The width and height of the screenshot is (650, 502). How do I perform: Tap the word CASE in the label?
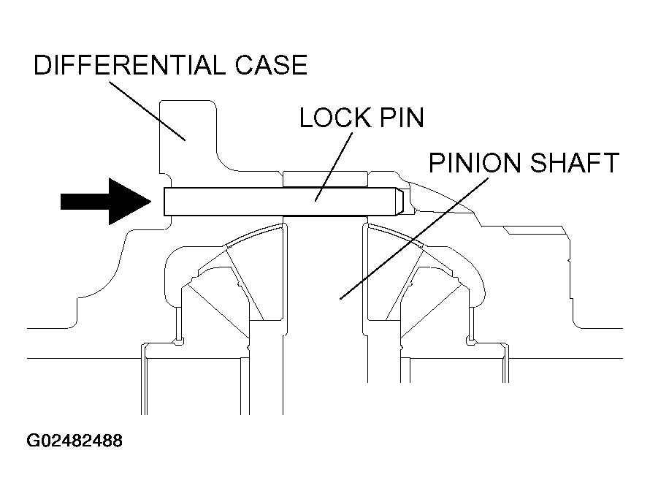coord(272,65)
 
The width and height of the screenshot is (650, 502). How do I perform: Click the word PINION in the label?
coord(475,162)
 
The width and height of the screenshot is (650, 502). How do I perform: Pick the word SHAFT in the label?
coord(575,162)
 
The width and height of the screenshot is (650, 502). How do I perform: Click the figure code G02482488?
coord(74,441)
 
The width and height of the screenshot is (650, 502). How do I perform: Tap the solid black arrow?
coord(106,201)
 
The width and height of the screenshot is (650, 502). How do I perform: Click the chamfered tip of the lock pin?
coord(399,202)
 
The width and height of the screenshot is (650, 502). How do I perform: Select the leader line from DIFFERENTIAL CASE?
coord(147,111)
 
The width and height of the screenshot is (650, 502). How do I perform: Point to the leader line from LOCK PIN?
coord(334,167)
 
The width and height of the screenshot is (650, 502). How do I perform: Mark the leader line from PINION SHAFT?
coord(413,238)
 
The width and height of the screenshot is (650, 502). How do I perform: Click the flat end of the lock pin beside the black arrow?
coord(164,202)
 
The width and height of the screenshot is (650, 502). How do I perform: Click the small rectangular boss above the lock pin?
coord(325,179)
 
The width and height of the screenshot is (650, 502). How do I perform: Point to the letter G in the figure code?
coord(33,441)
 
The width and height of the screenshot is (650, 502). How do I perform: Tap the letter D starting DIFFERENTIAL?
coord(42,65)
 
